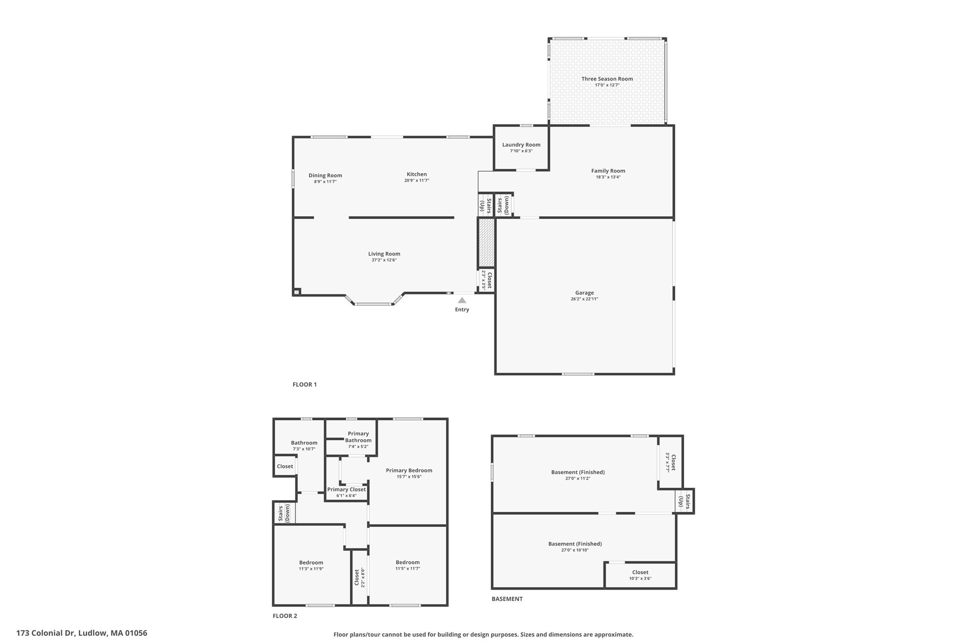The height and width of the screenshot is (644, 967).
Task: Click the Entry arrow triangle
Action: (x=462, y=300)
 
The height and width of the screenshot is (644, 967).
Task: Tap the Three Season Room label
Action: (x=607, y=79)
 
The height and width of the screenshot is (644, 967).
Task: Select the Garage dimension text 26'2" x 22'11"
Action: (x=584, y=299)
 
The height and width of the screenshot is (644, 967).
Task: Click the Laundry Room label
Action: (x=521, y=145)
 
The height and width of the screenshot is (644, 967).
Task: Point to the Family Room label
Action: (x=608, y=171)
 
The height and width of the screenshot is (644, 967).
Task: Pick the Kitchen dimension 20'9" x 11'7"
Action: (x=416, y=181)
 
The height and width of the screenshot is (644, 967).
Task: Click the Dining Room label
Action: (x=325, y=176)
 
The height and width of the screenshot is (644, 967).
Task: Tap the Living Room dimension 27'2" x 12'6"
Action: (x=384, y=260)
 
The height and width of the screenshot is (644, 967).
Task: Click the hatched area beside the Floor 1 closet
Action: (x=486, y=243)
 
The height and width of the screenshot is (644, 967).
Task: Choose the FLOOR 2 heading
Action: (x=285, y=616)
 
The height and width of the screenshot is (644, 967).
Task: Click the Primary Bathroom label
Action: (x=358, y=437)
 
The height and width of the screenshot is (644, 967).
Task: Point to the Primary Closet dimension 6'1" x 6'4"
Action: (x=346, y=496)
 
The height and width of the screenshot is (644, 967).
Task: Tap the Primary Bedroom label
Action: (x=409, y=470)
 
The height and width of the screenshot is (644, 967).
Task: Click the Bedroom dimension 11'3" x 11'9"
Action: (x=311, y=569)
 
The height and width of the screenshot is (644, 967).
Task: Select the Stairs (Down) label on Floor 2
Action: (x=284, y=513)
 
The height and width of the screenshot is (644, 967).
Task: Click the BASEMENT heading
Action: (x=507, y=599)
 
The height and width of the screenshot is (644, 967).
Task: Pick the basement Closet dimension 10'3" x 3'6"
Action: (x=640, y=578)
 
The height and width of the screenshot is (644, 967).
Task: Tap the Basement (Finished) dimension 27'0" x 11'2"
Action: (x=577, y=478)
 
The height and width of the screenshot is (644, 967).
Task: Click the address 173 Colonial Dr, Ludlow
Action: (x=82, y=633)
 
